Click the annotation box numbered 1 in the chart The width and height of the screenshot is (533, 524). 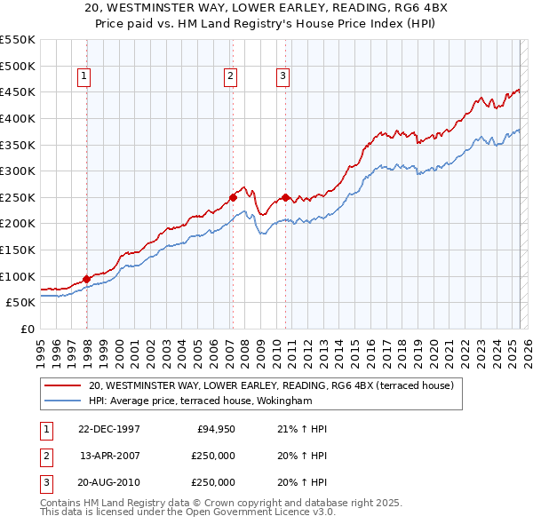84,77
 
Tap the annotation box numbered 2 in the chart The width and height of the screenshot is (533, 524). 230,77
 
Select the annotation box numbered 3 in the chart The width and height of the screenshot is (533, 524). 283,77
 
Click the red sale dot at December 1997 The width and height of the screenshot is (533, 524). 87,279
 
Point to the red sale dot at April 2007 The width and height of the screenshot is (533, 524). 233,197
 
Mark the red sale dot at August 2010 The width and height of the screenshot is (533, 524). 285,197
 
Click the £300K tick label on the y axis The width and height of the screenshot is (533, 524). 18,171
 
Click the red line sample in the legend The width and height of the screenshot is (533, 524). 64,385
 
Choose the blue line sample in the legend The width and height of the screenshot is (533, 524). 64,401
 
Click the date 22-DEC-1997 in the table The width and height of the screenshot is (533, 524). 109,429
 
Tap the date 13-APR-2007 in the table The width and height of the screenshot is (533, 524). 110,456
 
